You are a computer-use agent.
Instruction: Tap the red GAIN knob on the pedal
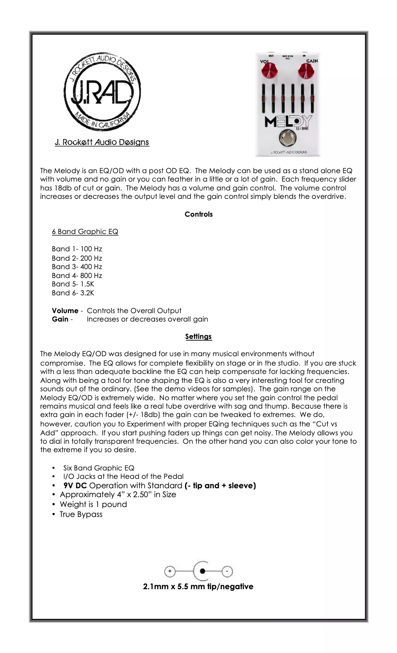(x=305, y=72)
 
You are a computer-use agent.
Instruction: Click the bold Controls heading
(x=198, y=214)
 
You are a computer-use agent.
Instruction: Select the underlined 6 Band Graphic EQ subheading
(x=85, y=232)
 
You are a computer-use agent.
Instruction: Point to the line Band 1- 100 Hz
(x=77, y=249)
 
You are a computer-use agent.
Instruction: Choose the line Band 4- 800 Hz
(x=77, y=275)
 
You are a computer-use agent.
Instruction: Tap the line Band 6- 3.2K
(x=73, y=293)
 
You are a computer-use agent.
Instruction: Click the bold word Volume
(x=65, y=311)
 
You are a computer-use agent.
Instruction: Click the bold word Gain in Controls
(x=60, y=319)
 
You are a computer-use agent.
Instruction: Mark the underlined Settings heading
(x=198, y=336)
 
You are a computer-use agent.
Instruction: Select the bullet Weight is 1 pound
(x=93, y=504)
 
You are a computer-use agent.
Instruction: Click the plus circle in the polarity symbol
(x=170, y=571)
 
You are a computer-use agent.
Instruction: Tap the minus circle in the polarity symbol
(x=227, y=571)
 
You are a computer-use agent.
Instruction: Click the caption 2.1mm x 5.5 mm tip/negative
(x=198, y=586)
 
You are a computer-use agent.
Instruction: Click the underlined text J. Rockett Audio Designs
(x=102, y=142)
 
